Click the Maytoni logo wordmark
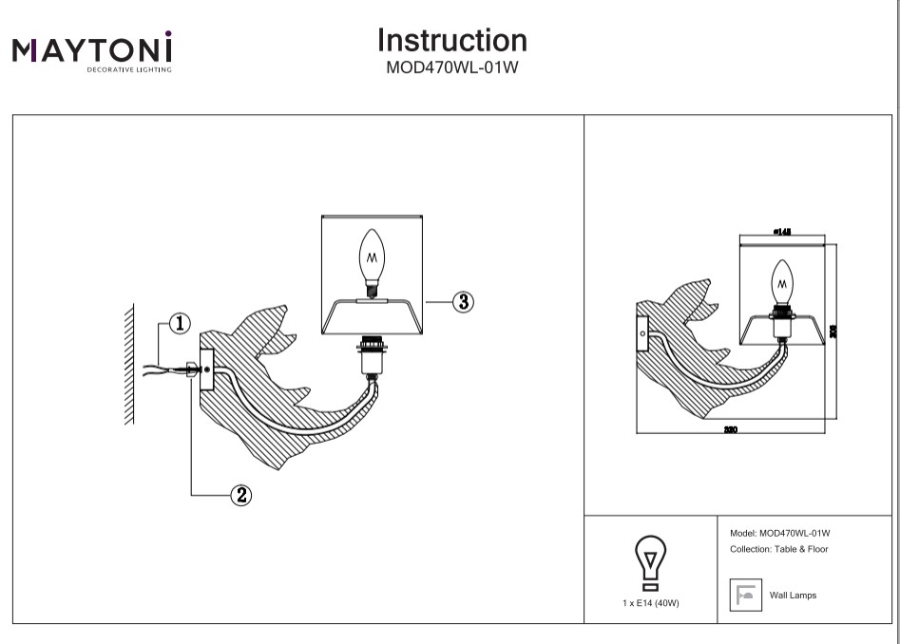(x=92, y=48)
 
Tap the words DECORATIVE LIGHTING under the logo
(x=130, y=70)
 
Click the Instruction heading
(x=451, y=41)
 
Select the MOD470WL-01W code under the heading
(x=451, y=67)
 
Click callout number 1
(x=180, y=324)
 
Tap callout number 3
(x=463, y=302)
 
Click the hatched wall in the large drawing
(x=128, y=366)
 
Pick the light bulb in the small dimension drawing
(x=782, y=280)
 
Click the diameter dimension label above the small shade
(x=782, y=231)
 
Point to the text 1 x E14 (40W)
(x=650, y=603)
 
